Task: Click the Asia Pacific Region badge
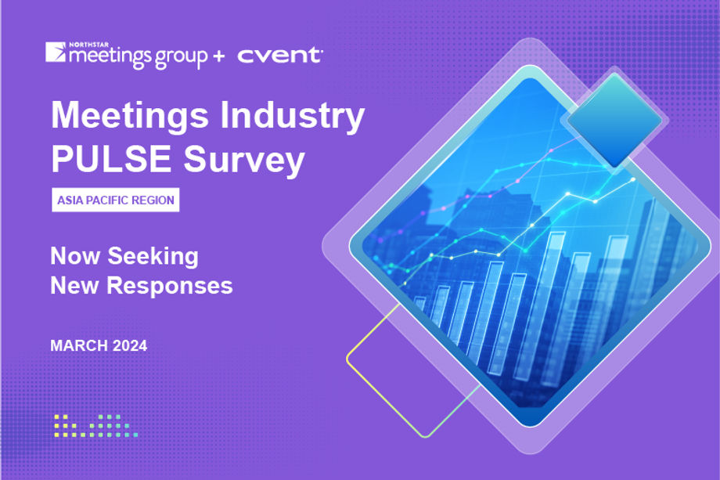(x=115, y=200)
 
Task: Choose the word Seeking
(x=153, y=256)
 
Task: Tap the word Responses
(x=170, y=286)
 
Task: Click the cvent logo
(x=279, y=56)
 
